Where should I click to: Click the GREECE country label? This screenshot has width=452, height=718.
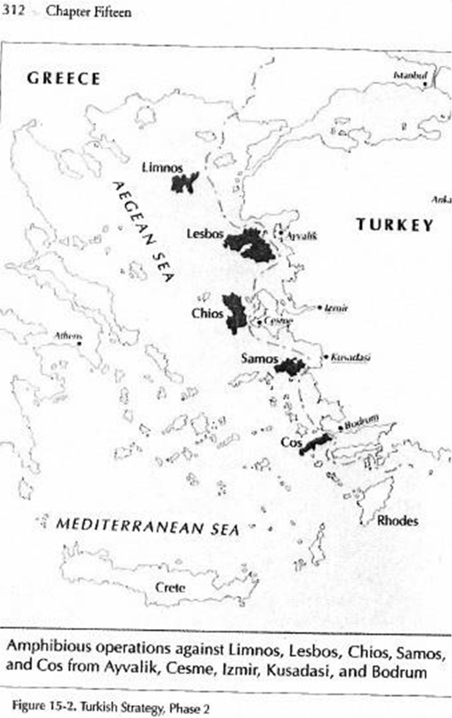point(64,79)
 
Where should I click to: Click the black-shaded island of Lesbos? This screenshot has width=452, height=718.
point(251,245)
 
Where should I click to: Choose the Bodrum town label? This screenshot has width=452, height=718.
point(361,425)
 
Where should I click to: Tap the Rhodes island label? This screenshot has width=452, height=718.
point(398,521)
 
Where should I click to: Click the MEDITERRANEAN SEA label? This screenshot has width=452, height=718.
point(147,527)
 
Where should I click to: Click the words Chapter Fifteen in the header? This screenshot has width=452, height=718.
point(88,11)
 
